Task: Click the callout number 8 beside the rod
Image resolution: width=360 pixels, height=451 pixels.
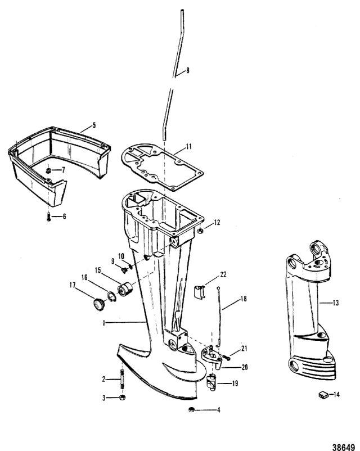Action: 187,70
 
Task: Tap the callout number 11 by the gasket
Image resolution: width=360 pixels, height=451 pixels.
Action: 189,146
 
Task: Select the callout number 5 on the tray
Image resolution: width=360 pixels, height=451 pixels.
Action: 94,125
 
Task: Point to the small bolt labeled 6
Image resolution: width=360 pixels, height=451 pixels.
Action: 49,216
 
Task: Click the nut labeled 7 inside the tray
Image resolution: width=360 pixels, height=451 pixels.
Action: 49,169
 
